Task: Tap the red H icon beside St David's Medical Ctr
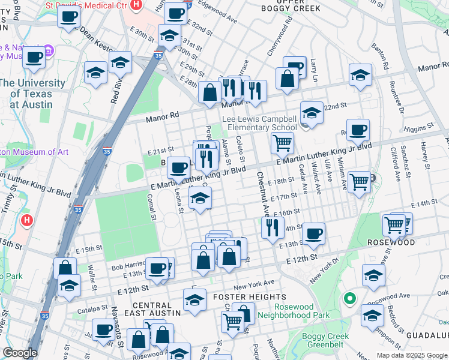point(136,4)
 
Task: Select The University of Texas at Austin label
point(33,94)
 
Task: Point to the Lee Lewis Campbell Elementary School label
point(259,124)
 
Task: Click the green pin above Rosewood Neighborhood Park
point(349,298)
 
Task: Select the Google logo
point(20,353)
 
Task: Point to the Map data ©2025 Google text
point(411,355)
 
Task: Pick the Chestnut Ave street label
point(263,193)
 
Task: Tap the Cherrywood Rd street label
point(280,36)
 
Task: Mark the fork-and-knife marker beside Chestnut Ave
point(273,227)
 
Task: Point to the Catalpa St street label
point(91,312)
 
